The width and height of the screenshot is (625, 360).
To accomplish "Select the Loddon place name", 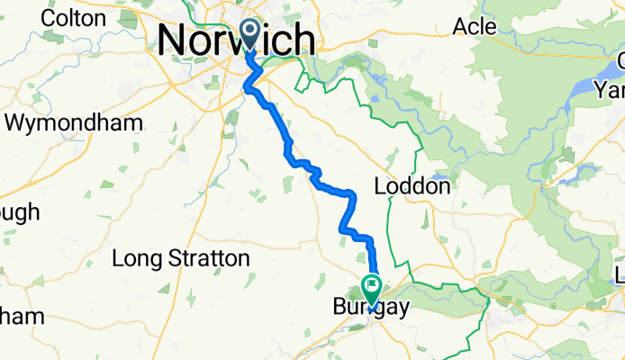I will point(412,188).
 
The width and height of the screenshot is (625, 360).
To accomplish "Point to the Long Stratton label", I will point(180,259).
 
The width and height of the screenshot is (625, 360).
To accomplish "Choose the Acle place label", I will point(474,27).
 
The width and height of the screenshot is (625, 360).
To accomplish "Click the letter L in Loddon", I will point(378,188).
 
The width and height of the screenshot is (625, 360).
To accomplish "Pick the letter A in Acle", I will point(458,27).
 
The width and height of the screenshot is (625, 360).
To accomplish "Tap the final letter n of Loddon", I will point(444,188).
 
